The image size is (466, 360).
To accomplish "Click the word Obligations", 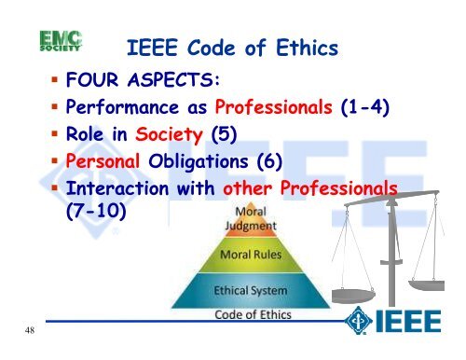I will [226, 166].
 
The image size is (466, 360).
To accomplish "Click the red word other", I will [251, 191].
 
